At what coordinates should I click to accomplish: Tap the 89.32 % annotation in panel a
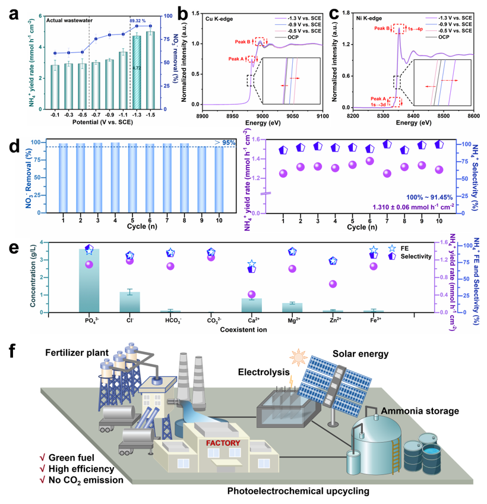(x=138, y=21)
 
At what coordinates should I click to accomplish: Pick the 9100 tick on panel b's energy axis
(x=321, y=117)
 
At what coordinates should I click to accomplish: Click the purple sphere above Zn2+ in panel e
(x=333, y=283)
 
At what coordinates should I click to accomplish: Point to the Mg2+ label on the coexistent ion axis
(x=292, y=320)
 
